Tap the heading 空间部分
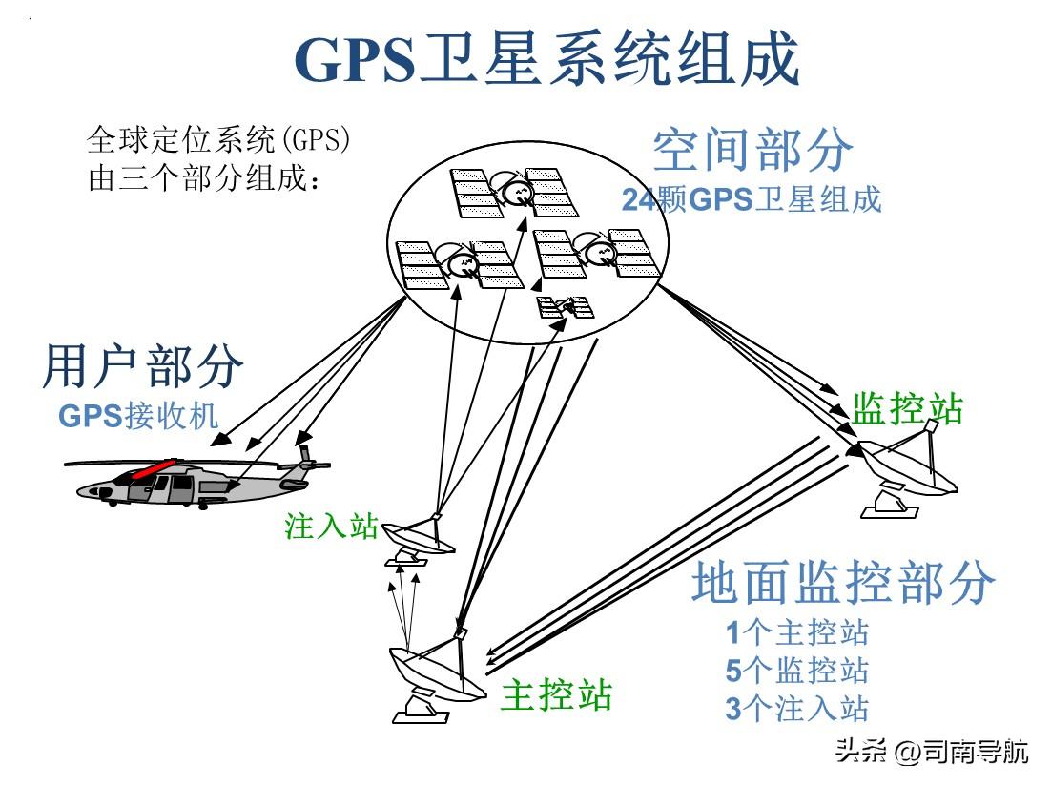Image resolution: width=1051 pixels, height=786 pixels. click(752, 151)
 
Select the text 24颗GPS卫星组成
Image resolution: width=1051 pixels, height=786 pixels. click(752, 199)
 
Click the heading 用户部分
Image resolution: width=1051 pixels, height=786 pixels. click(143, 367)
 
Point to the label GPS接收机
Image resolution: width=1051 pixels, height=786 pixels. click(138, 417)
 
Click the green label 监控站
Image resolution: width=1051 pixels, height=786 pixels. click(907, 407)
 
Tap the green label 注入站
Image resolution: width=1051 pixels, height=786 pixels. click(332, 527)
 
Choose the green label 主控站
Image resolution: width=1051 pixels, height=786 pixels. click(556, 694)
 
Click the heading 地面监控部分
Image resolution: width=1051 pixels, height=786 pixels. click(843, 582)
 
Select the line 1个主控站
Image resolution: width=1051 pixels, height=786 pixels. click(797, 632)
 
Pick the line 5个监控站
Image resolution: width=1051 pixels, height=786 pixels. click(797, 671)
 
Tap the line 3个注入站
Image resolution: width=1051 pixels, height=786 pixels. click(797, 709)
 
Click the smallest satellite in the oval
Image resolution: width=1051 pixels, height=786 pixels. click(566, 306)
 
